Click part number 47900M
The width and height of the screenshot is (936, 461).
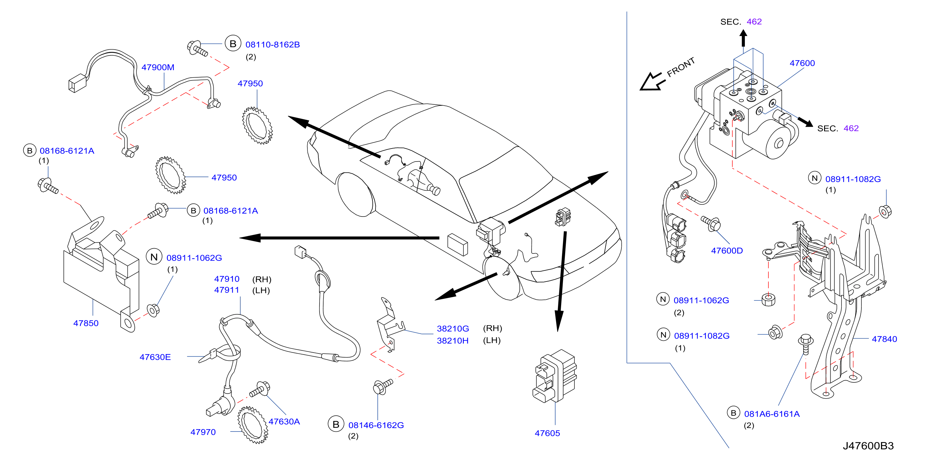158,67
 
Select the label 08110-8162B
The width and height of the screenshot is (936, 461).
273,44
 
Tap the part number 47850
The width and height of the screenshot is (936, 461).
86,323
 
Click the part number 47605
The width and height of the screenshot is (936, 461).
547,433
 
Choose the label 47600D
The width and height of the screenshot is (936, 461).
727,250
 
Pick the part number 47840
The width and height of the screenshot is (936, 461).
884,339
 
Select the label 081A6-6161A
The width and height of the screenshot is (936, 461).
772,413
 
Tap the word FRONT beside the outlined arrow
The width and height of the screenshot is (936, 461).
680,67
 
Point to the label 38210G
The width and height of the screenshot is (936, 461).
453,328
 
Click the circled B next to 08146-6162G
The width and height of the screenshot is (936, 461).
336,424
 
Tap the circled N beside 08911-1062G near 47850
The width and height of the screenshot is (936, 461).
154,257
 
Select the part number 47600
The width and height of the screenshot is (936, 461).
802,63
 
